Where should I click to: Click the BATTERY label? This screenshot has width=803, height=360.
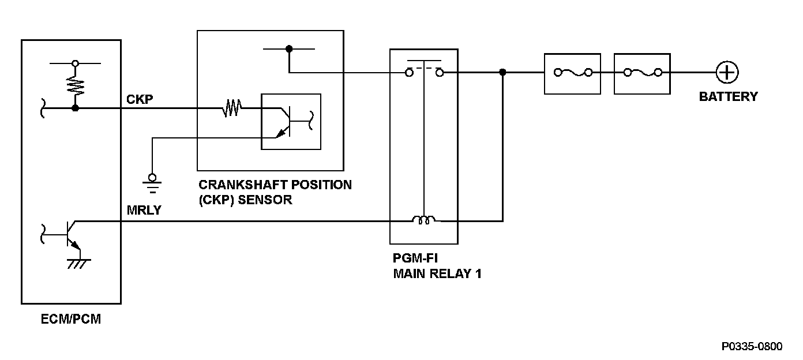pyautogui.click(x=728, y=97)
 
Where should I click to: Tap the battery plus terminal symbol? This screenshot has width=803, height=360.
pyautogui.click(x=727, y=73)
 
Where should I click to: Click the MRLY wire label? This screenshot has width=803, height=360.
pyautogui.click(x=144, y=211)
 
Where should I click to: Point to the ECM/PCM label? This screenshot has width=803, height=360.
pyautogui.click(x=72, y=319)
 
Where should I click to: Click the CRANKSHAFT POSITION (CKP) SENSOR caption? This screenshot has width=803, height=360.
pyautogui.click(x=275, y=193)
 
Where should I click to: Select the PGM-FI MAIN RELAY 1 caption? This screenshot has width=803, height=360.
pyautogui.click(x=437, y=267)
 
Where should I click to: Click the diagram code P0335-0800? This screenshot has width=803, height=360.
pyautogui.click(x=752, y=346)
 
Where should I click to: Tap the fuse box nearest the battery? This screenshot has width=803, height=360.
pyautogui.click(x=642, y=73)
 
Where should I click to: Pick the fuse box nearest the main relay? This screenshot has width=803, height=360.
pyautogui.click(x=572, y=73)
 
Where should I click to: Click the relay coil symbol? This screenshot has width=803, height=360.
pyautogui.click(x=424, y=220)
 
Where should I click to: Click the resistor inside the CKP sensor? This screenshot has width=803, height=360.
pyautogui.click(x=232, y=107)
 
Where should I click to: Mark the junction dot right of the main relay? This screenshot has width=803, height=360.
pyautogui.click(x=502, y=73)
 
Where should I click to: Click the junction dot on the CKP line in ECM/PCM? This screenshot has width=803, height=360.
pyautogui.click(x=74, y=107)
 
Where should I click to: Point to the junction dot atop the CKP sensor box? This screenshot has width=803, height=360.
pyautogui.click(x=289, y=50)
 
